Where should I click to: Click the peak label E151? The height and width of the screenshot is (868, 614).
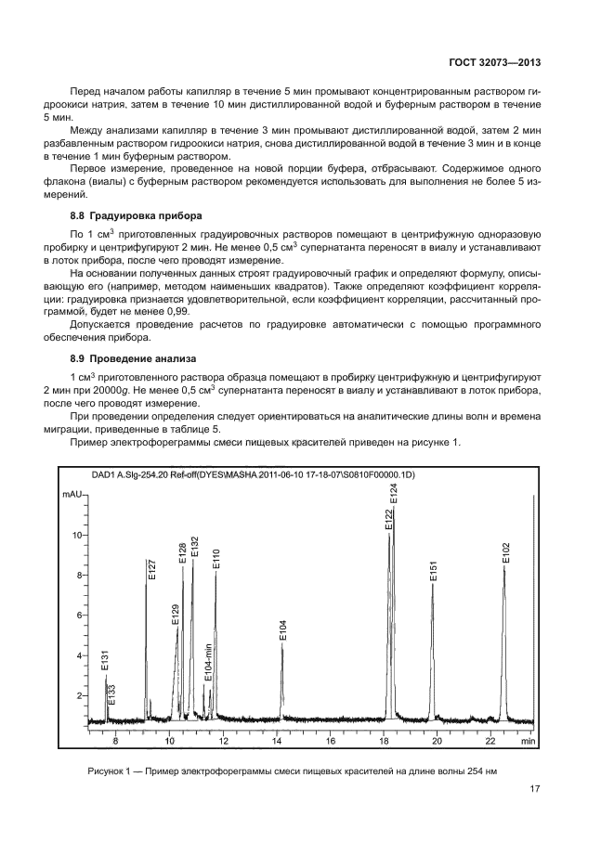[x=433, y=572]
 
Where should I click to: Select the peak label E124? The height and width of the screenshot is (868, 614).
[x=393, y=494]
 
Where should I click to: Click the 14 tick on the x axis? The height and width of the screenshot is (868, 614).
[x=277, y=743]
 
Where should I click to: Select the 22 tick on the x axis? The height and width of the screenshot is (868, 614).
[x=491, y=743]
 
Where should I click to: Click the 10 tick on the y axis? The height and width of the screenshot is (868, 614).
[x=78, y=536]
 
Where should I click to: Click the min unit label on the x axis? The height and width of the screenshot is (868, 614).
[x=527, y=743]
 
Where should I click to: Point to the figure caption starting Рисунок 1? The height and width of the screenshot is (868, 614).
[x=293, y=771]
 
